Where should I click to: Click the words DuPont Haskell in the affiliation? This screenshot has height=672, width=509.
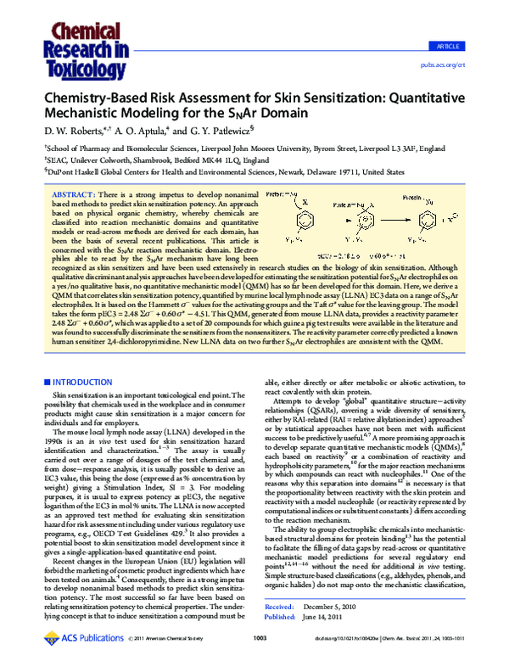pyautogui.click(x=70, y=170)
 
